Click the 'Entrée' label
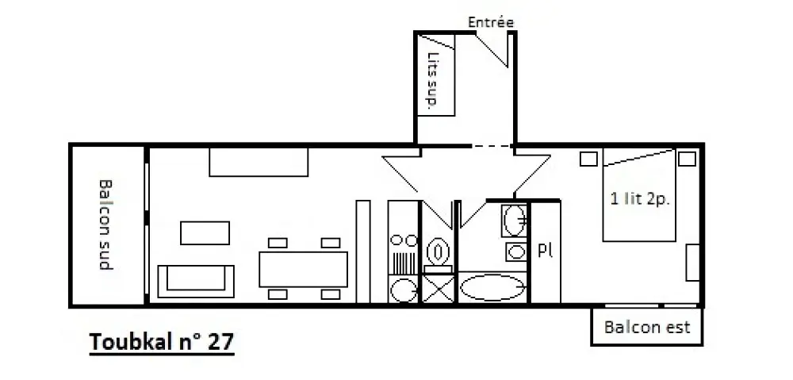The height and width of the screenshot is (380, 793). click(x=491, y=22)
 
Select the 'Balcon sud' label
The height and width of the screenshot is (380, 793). click(x=105, y=225)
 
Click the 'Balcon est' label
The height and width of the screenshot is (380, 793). click(x=647, y=327)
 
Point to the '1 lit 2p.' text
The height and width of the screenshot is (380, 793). click(x=640, y=199)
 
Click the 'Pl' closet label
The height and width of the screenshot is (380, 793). click(x=544, y=251)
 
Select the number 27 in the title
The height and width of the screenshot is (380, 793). click(x=220, y=342)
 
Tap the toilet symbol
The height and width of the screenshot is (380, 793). click(x=438, y=252)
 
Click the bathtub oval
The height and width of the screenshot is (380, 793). click(x=492, y=287)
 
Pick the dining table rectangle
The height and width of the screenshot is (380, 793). click(x=303, y=269)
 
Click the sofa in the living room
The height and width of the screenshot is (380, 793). click(x=196, y=282)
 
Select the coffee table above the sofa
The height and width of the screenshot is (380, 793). click(x=205, y=232)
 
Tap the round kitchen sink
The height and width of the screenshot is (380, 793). click(x=404, y=290)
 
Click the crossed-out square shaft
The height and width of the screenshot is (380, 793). click(x=438, y=290)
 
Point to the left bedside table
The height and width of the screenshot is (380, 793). click(x=588, y=159)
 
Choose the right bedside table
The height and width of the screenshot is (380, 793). click(x=687, y=159)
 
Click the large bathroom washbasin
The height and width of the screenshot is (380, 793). click(x=514, y=221)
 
